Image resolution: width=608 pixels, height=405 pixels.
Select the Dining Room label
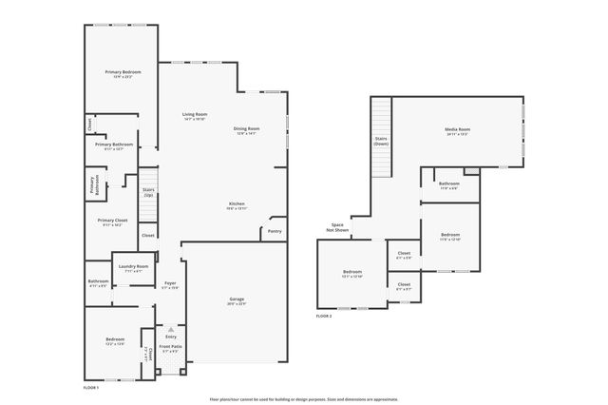[247, 130]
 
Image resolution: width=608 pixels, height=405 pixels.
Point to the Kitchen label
[237, 205]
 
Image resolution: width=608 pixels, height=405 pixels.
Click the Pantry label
[275, 231]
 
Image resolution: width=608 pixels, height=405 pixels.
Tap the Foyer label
[170, 284]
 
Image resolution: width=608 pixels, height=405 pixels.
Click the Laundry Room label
[133, 268]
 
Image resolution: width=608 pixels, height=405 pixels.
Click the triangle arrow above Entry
[171, 329]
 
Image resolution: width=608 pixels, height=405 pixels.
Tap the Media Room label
[458, 130]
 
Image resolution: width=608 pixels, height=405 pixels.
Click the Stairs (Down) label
[381, 141]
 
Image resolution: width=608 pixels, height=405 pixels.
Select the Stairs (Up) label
[148, 192]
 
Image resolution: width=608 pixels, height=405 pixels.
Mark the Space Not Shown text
[337, 227]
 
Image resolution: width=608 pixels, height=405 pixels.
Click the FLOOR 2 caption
[324, 316]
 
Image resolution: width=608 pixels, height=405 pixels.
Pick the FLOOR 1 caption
[91, 388]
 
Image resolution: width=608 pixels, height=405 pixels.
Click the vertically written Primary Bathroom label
[93, 186]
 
